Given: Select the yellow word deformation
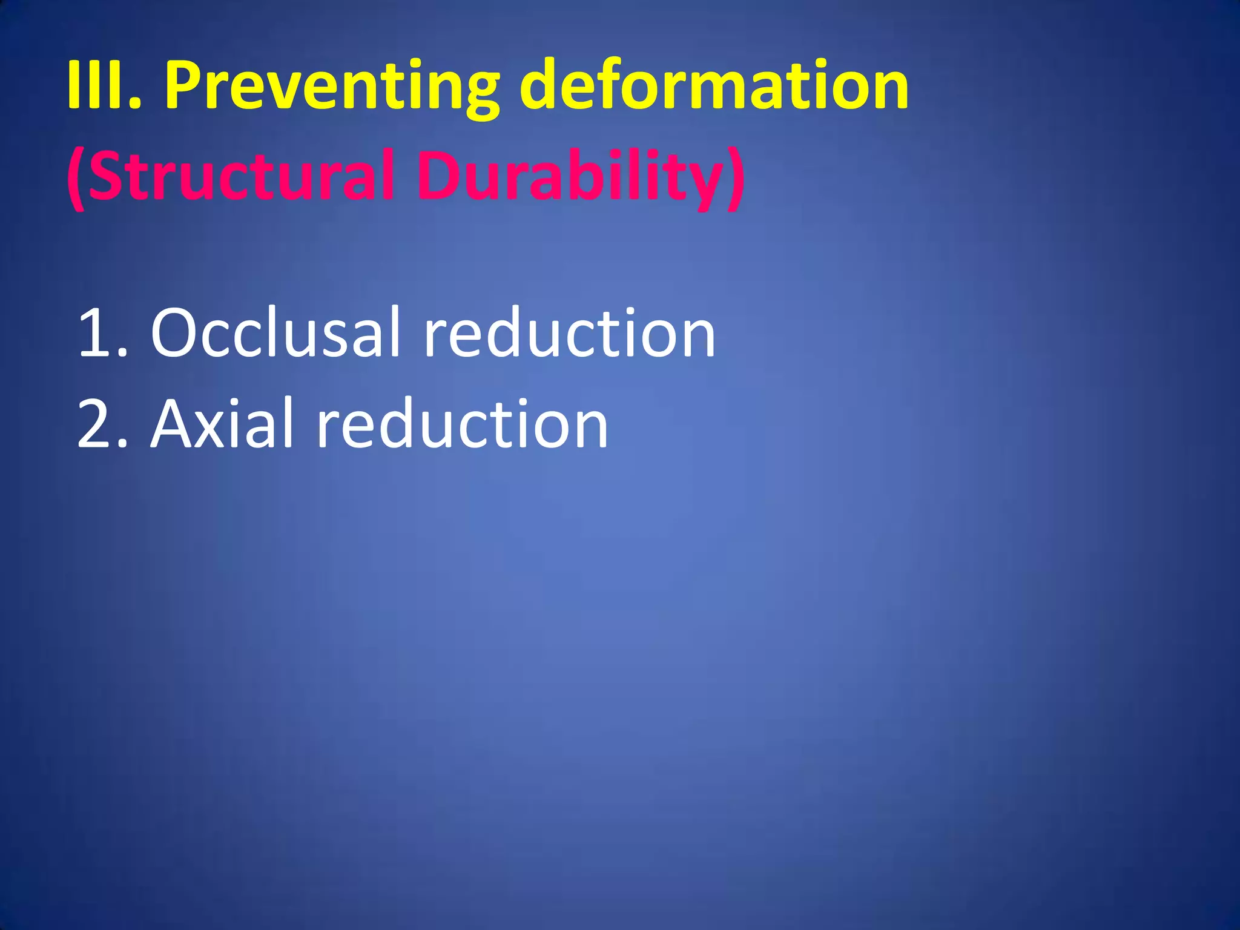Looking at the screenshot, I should (x=714, y=85).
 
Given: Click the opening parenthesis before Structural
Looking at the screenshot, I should (x=76, y=178).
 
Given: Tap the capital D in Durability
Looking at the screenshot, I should (x=438, y=176).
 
